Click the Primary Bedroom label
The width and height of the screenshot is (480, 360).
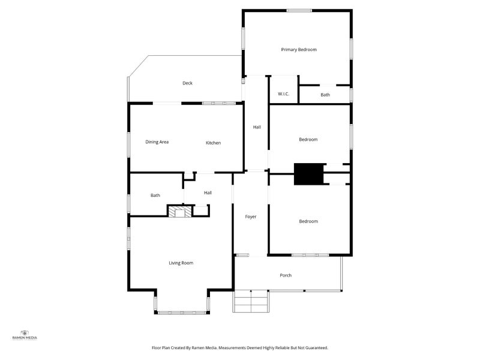coord(299,50)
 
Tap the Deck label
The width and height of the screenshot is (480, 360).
coord(187,83)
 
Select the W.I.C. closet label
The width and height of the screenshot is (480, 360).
coord(283,94)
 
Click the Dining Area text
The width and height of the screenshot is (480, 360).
coord(157,142)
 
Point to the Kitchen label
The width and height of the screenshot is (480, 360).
coord(214,143)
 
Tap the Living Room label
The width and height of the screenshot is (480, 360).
coord(181,263)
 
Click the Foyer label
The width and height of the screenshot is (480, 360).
coord(250,217)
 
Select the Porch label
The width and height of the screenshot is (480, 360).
coord(286,275)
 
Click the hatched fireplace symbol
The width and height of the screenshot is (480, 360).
coord(179,212)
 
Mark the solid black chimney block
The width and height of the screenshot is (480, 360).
coord(308,174)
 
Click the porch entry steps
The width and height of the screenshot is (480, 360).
coord(251,301)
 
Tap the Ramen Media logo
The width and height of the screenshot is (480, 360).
coord(25,335)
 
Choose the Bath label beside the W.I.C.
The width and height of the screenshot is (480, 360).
coord(325,95)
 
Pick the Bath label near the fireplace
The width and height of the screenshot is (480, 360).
coord(155,196)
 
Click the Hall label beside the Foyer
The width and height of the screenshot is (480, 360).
coord(208,193)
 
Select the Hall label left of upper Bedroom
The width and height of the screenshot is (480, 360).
coord(257,127)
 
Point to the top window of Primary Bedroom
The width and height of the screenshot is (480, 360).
coord(299,11)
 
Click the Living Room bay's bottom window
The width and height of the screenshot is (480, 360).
coord(182,313)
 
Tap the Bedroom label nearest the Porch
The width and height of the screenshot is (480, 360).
coord(308,221)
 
